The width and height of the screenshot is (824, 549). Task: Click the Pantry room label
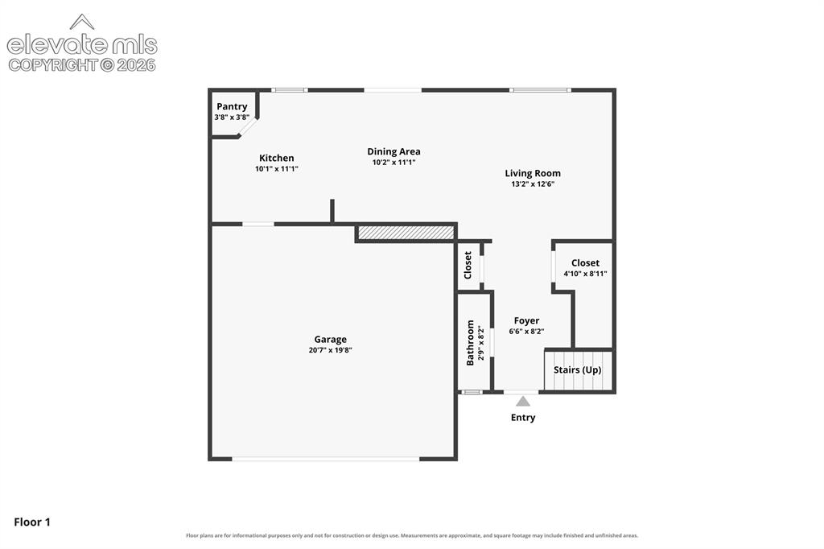click(232, 106)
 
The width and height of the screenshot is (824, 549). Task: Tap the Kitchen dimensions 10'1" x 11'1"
click(277, 169)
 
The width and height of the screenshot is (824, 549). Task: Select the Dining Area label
click(393, 151)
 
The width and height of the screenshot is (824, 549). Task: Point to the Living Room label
click(533, 173)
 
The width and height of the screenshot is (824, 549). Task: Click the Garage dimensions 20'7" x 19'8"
click(330, 350)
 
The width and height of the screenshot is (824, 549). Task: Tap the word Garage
click(330, 340)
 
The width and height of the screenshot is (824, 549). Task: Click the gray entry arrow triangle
click(523, 401)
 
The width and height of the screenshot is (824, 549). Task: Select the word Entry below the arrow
click(523, 418)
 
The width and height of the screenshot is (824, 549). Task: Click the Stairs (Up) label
click(578, 369)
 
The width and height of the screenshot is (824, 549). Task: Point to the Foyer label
click(526, 320)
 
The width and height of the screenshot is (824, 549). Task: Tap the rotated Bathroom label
click(470, 343)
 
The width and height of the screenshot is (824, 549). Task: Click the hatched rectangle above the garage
click(406, 233)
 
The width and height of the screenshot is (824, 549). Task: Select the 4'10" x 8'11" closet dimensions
click(586, 274)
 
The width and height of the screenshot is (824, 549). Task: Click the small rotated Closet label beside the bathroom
click(468, 265)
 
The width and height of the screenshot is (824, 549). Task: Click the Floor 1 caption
click(32, 522)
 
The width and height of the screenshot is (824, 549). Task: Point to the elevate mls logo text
click(82, 45)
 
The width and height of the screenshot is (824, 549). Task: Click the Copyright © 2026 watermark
click(82, 65)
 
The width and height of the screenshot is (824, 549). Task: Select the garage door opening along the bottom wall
click(326, 459)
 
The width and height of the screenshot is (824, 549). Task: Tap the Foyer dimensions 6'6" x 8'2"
click(526, 332)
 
